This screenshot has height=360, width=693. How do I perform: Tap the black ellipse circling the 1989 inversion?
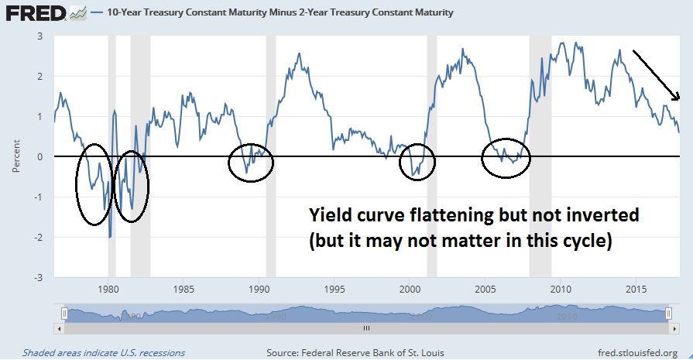pos(251,163)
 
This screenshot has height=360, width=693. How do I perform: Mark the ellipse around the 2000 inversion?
pos(417,162)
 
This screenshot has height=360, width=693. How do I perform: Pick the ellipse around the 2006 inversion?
pos(506,159)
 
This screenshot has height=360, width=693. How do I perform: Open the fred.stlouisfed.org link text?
pos(638,352)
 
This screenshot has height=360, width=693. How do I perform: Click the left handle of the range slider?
pos(65,314)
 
